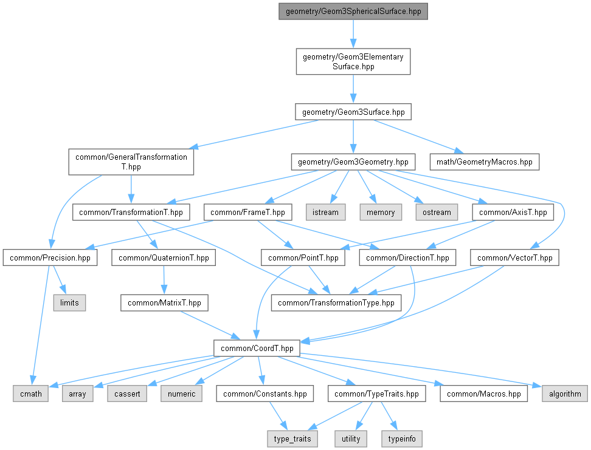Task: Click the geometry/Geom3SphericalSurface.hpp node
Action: (x=353, y=12)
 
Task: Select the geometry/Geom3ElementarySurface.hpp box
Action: (x=353, y=61)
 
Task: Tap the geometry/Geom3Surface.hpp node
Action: (x=353, y=112)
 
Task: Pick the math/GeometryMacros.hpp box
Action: (x=485, y=162)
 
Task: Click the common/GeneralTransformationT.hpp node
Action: (x=131, y=162)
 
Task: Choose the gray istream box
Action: (x=325, y=213)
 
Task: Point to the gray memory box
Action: (x=381, y=213)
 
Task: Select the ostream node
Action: (x=437, y=213)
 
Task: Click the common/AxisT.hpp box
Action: (x=513, y=213)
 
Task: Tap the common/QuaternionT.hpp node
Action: (x=164, y=258)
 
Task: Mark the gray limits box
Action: (x=69, y=303)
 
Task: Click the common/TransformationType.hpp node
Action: (x=336, y=303)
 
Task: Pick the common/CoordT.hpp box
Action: (x=257, y=349)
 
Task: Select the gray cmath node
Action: (x=31, y=394)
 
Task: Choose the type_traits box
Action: (x=292, y=439)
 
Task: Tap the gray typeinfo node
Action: (x=402, y=439)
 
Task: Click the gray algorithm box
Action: (x=565, y=394)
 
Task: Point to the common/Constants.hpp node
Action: (x=265, y=394)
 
